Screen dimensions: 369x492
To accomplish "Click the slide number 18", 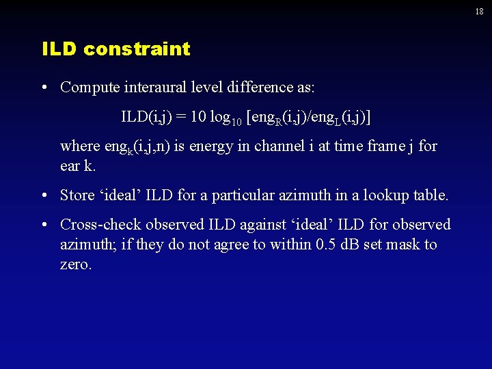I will pyautogui.click(x=480, y=12).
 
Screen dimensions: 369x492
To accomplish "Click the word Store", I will pyautogui.click(x=77, y=195).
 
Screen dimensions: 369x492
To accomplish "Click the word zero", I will pyautogui.click(x=75, y=264).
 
